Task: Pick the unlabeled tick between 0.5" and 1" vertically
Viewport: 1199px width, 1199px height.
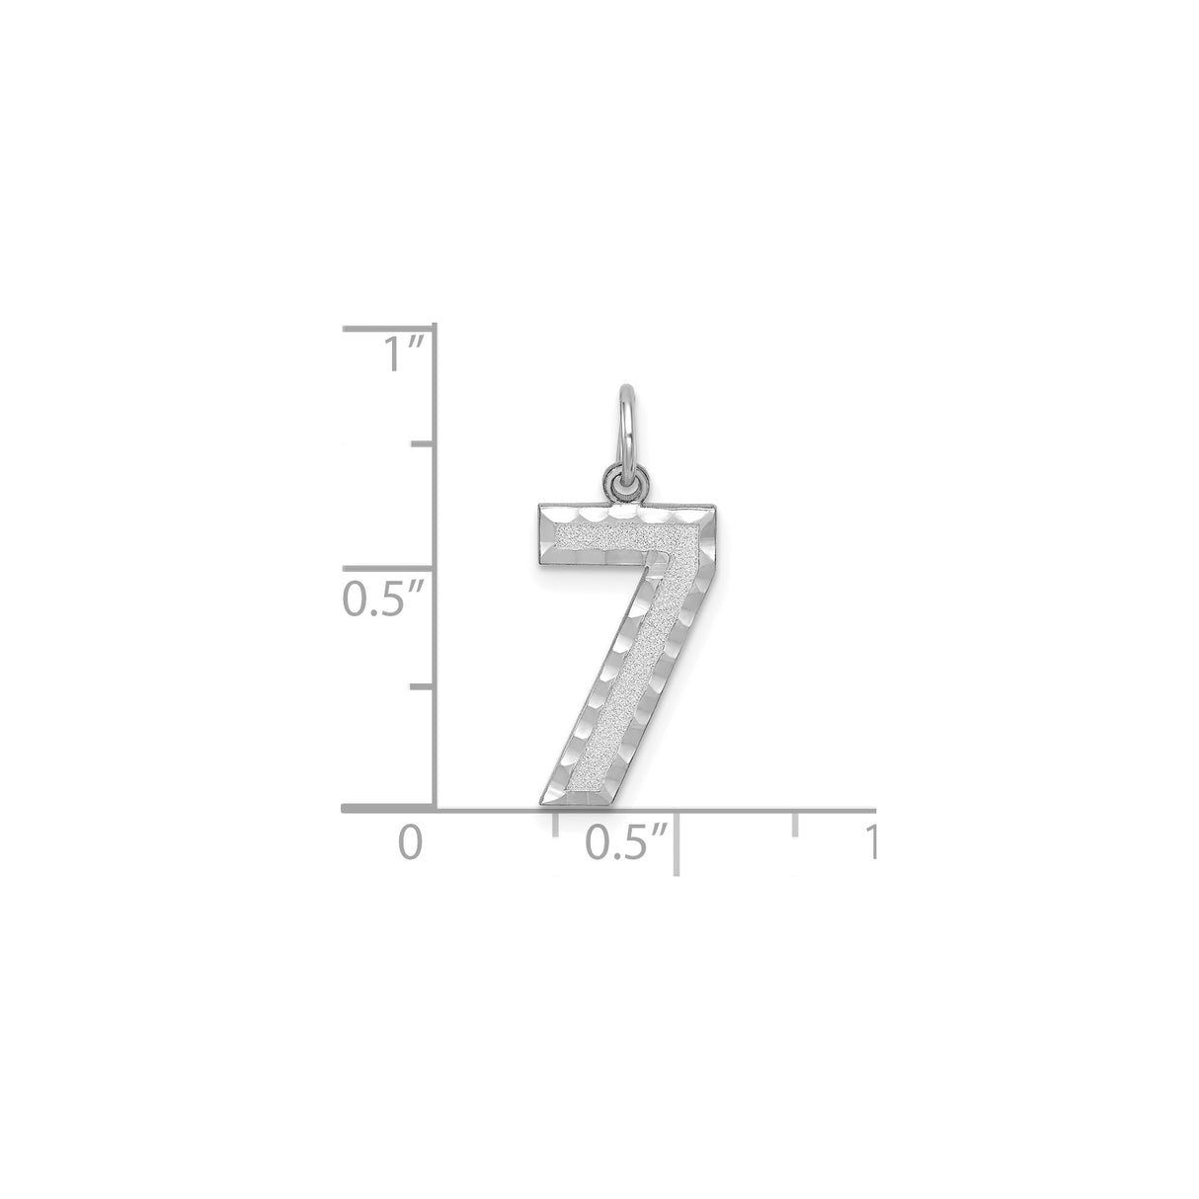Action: [423, 444]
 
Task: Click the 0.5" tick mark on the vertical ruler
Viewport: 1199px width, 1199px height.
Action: [389, 568]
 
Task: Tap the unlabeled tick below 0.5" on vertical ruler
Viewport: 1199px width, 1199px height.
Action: [423, 686]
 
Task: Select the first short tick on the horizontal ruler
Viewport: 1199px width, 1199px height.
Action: [556, 823]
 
